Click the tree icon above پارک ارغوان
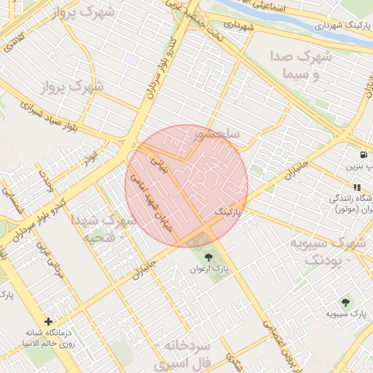(209, 256)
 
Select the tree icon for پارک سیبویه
(343, 302)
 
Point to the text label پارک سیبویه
(344, 315)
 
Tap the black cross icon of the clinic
(48, 321)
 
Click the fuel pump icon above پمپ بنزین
(363, 154)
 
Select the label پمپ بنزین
(361, 167)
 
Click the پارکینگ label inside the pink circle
(227, 211)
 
